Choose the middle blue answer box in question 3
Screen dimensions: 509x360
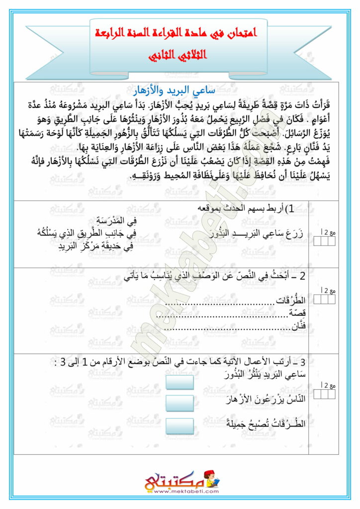(179, 403)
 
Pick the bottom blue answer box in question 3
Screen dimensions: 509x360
(179, 426)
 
